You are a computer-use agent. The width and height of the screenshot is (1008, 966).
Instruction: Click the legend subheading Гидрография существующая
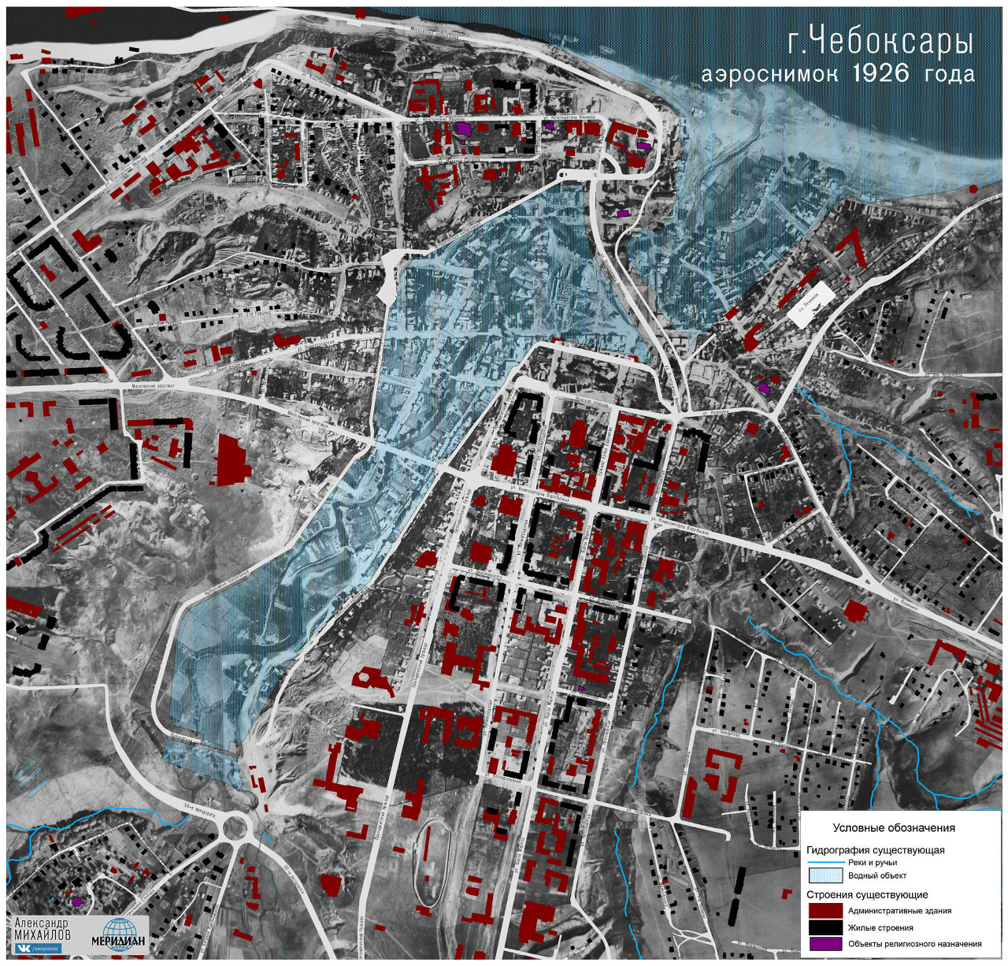coord(875,850)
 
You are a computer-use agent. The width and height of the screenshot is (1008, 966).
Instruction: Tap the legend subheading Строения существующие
coord(867,895)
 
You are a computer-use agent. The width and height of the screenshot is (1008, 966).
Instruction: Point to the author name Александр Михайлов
coord(43,929)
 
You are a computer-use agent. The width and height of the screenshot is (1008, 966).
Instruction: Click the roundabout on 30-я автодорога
coord(235,827)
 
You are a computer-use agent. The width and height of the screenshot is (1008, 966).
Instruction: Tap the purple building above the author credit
coord(77,901)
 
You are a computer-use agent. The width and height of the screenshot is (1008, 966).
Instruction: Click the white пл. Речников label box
coord(811,300)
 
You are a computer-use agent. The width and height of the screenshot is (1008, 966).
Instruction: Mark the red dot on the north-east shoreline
coord(973,189)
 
